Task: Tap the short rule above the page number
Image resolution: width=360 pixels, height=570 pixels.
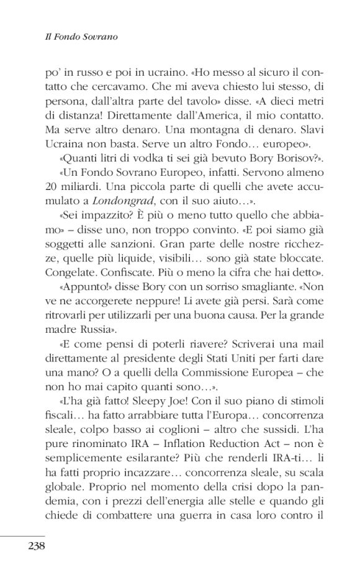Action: coord(23,535)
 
